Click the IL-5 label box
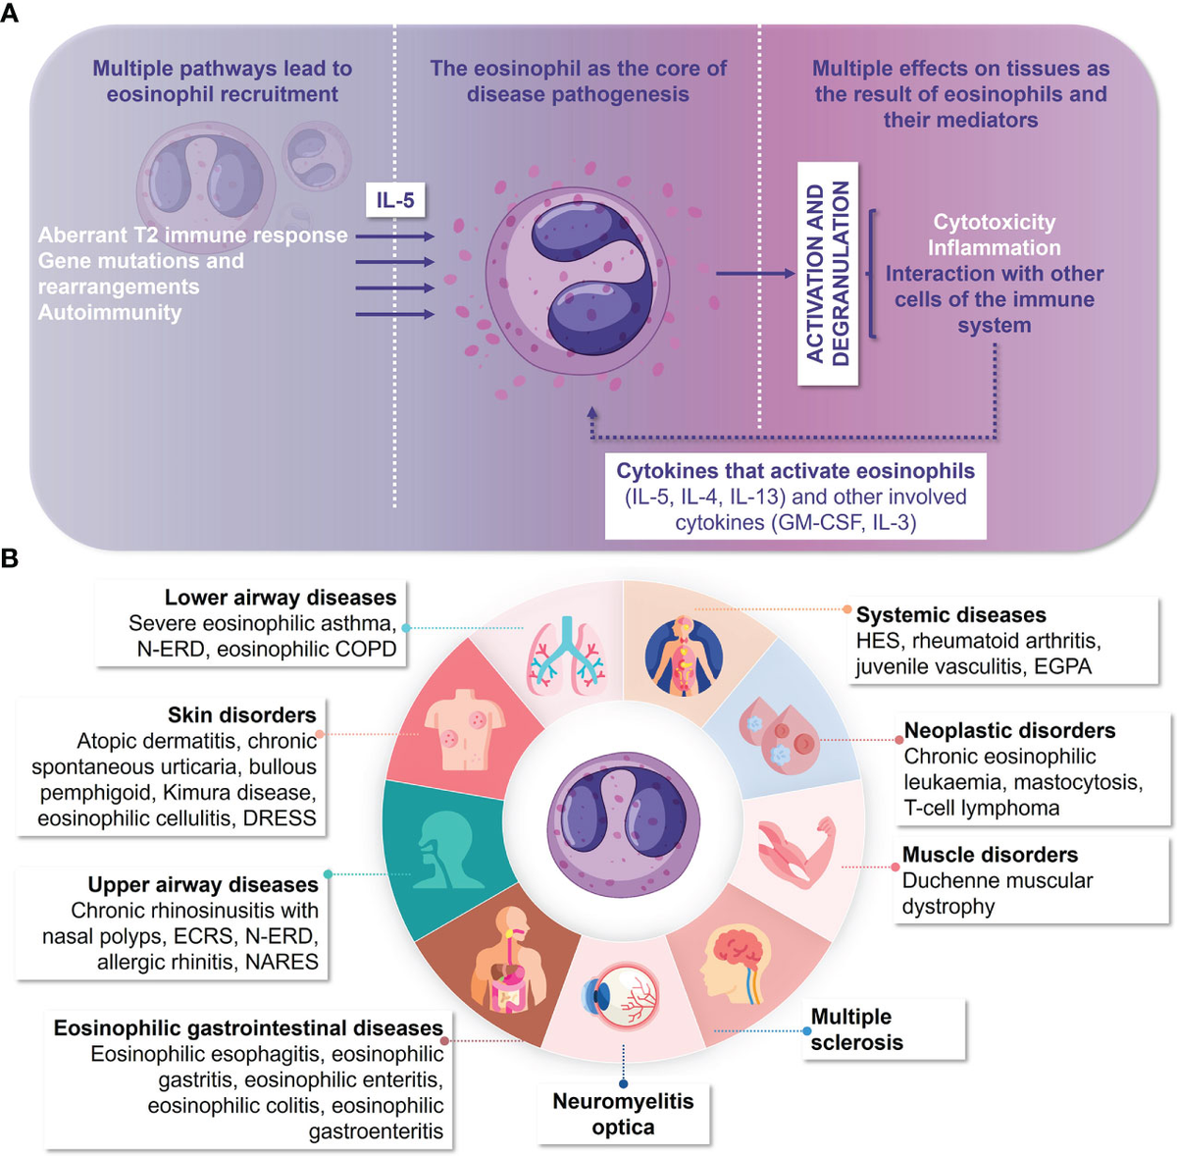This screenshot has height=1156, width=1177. [x=395, y=200]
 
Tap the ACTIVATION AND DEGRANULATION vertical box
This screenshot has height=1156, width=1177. [x=828, y=273]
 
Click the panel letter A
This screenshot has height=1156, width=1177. [x=9, y=13]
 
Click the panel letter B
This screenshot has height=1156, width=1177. [x=9, y=557]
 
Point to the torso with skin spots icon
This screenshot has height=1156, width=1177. [x=465, y=729]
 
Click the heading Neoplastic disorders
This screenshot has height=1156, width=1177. [x=1009, y=730]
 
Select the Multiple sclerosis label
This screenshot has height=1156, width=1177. [x=856, y=1029]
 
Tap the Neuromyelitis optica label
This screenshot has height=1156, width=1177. [x=623, y=1114]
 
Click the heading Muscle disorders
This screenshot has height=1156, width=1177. [x=990, y=855]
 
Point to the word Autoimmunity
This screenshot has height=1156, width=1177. [x=110, y=312]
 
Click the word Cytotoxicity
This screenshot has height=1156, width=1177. [x=994, y=222]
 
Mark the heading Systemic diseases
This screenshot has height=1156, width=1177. [x=950, y=614]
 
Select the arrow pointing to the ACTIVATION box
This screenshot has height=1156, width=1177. [x=755, y=273]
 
